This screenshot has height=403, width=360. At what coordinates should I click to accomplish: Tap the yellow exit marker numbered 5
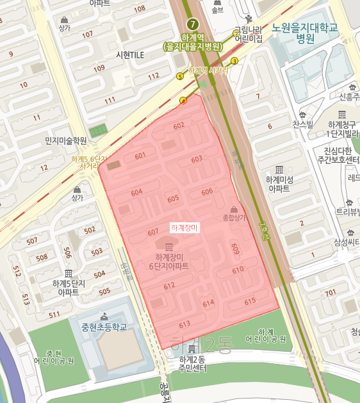pyautogui.click(x=179, y=76)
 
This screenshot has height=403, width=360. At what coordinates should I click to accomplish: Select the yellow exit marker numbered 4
pyautogui.click(x=183, y=100)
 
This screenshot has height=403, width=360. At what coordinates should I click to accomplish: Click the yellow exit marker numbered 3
pyautogui.click(x=234, y=61)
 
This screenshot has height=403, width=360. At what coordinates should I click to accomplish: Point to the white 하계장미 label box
pyautogui.click(x=186, y=228)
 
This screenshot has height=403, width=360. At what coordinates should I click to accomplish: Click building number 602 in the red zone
pyautogui.click(x=179, y=126)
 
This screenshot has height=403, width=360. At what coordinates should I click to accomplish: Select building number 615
pyautogui.click(x=250, y=300)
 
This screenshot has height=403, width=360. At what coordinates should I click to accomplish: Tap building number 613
pyautogui.click(x=185, y=324)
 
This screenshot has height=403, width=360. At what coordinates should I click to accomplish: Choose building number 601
pyautogui.click(x=140, y=156)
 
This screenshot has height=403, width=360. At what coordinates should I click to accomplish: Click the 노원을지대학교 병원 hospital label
pyautogui.click(x=305, y=33)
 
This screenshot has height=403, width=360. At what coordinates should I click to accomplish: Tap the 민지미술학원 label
pyautogui.click(x=65, y=140)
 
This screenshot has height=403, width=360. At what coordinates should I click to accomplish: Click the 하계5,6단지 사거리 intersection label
pyautogui.click(x=89, y=162)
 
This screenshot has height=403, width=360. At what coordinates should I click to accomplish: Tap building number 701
pyautogui.click(x=330, y=293)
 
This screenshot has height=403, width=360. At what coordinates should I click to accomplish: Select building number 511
pyautogui.click(x=54, y=314)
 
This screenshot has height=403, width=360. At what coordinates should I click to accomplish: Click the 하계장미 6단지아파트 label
pyautogui.click(x=168, y=261)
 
